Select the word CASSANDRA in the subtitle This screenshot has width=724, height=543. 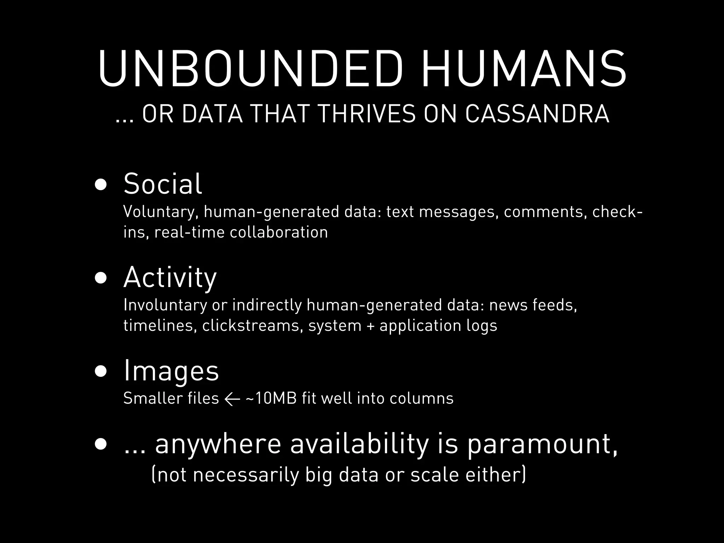[537, 115]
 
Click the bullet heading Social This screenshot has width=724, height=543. [163, 184]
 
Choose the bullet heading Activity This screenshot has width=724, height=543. [170, 278]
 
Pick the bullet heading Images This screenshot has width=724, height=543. [171, 371]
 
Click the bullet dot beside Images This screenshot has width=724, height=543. [101, 372]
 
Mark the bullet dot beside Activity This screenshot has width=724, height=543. [101, 278]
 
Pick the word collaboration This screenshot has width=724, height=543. [279, 232]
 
